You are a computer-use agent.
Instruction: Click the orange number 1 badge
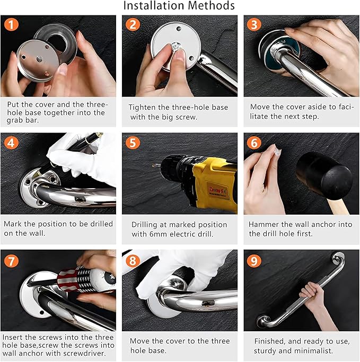tap(11, 24)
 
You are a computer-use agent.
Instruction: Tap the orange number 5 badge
tap(133, 143)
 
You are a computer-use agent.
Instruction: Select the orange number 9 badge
tap(254, 261)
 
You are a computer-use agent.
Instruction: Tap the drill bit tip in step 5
tap(153, 165)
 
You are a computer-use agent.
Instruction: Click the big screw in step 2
tap(176, 47)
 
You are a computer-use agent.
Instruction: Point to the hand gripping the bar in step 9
tap(311, 293)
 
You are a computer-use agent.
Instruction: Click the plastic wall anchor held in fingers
tap(276, 151)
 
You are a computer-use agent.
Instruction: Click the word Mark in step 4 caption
tap(13, 224)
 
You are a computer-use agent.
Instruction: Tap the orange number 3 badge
tap(254, 24)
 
